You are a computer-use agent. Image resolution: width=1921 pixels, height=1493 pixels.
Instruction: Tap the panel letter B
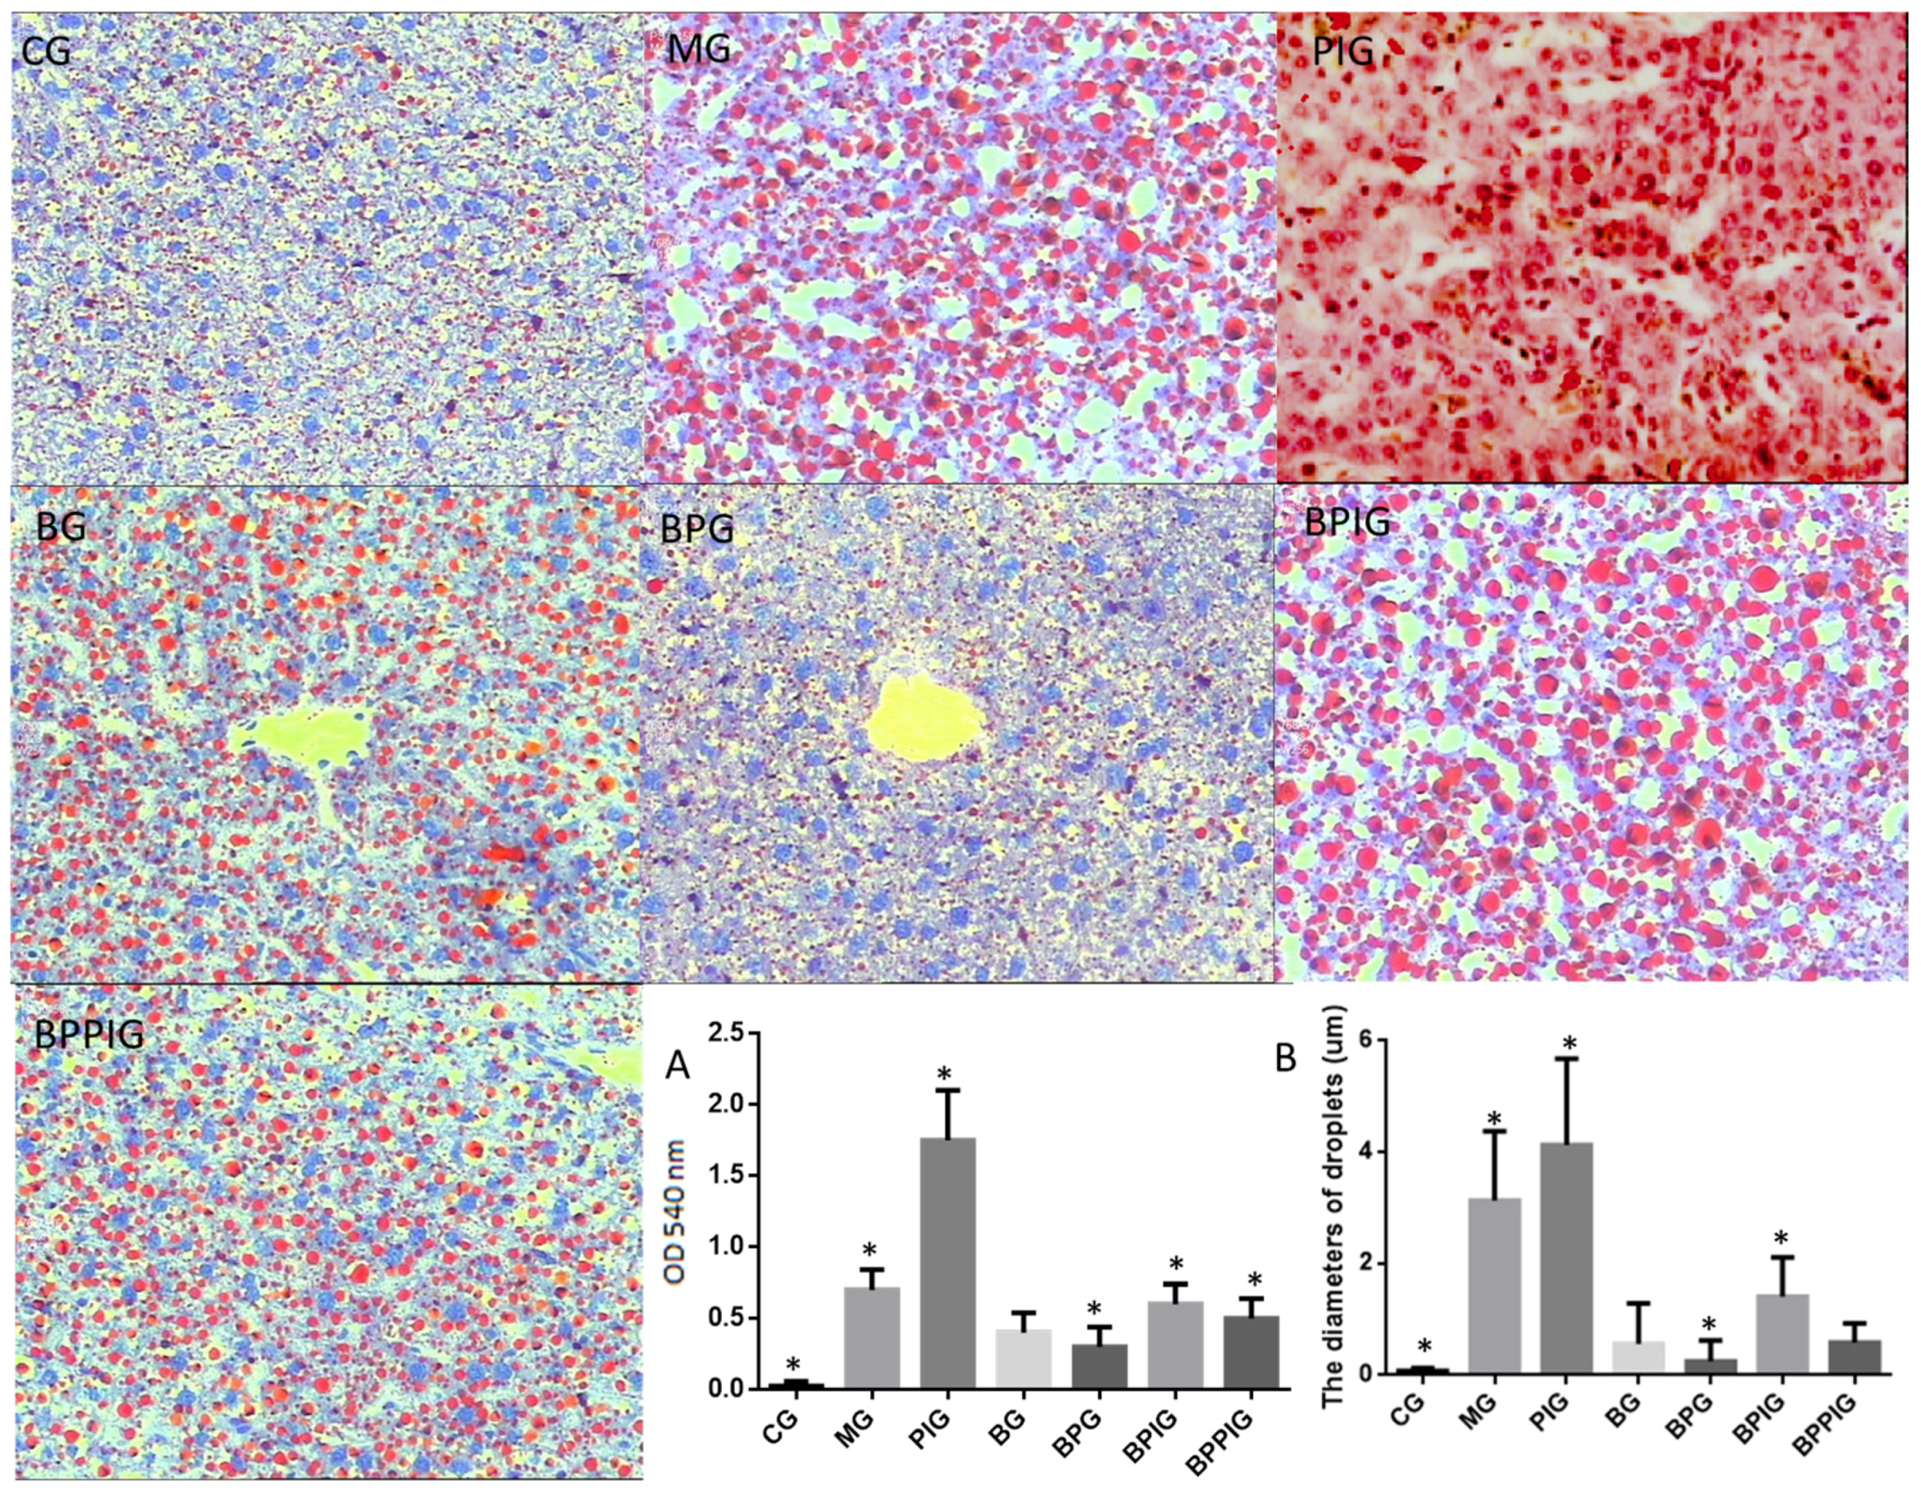1285,1058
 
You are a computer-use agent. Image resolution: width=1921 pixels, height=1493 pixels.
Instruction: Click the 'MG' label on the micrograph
698,49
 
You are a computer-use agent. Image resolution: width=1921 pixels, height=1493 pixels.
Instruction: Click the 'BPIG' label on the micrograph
1347,521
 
